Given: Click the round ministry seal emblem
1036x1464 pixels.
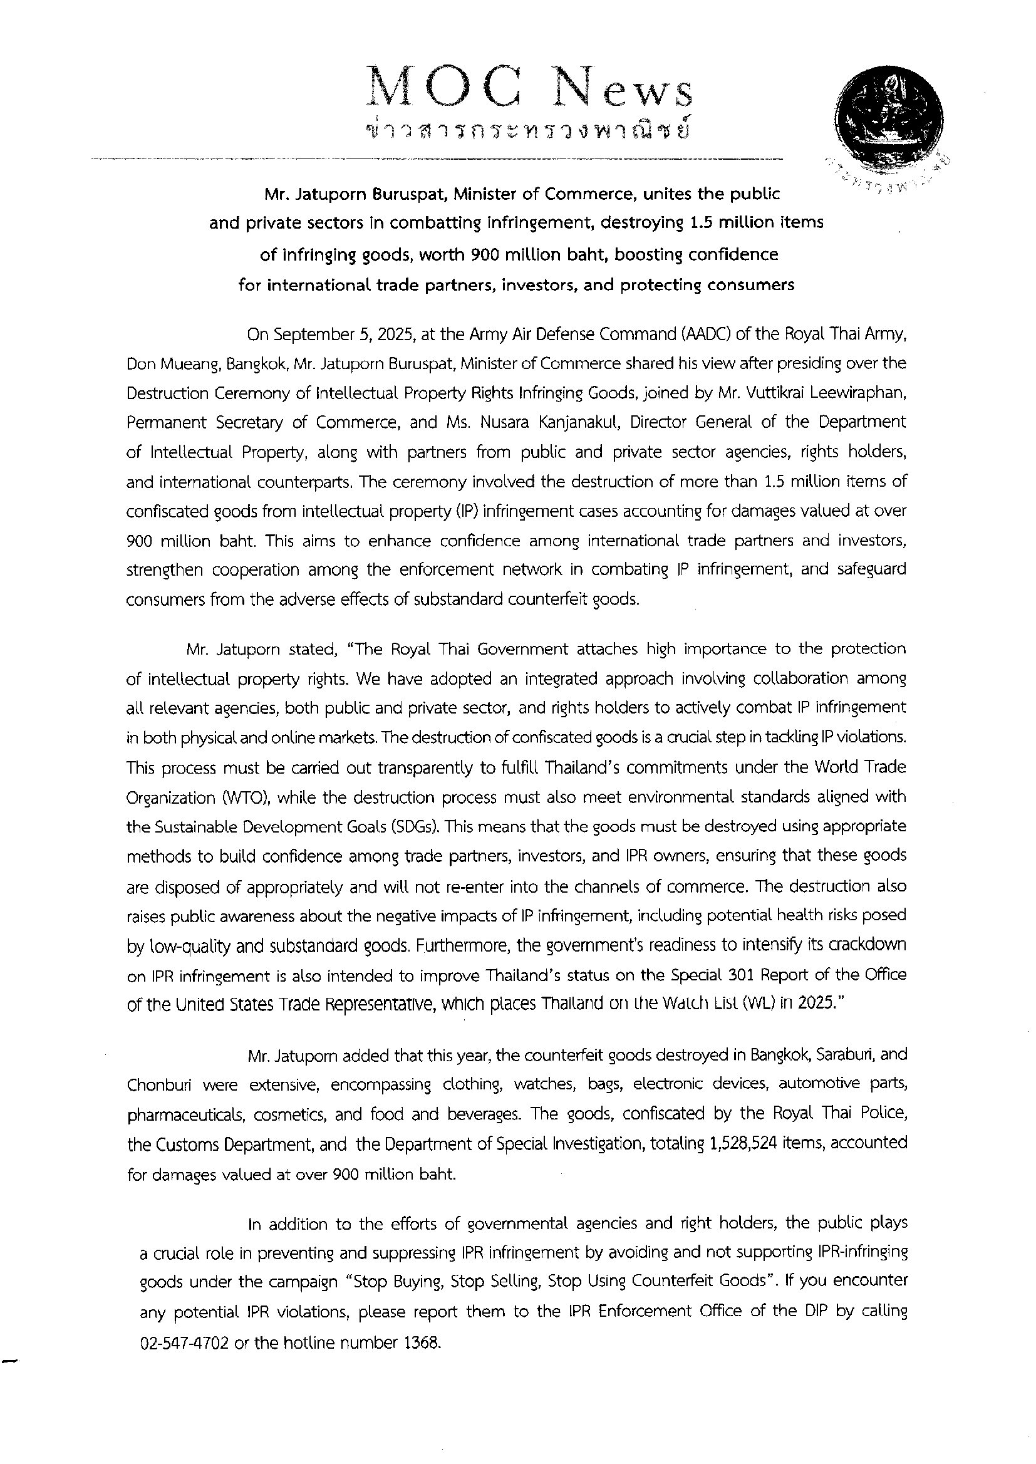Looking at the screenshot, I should (x=889, y=118).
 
